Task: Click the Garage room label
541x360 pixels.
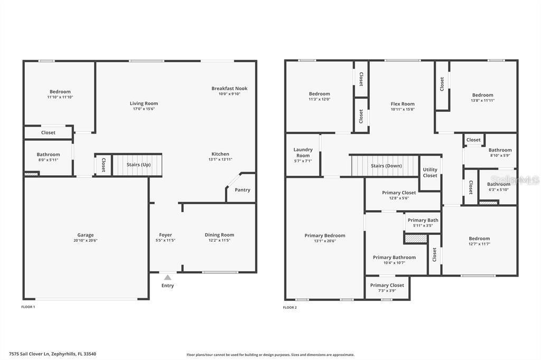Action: [x=86, y=235]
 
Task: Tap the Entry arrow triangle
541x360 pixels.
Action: [x=167, y=277]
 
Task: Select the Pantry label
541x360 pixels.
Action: [x=242, y=190]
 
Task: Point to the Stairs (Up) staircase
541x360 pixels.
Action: [x=137, y=165]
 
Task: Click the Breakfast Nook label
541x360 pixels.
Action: [x=229, y=88]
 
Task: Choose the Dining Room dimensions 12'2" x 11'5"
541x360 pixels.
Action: [x=219, y=240]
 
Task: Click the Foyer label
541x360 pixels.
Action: [x=165, y=235]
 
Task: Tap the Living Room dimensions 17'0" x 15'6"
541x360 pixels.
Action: [x=144, y=109]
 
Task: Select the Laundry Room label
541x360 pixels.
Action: [x=303, y=153]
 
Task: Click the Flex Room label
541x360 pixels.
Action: [x=403, y=104]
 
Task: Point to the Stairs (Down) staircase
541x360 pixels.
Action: [x=386, y=166]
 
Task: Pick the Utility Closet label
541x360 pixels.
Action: [x=430, y=173]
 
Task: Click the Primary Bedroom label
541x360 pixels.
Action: [x=324, y=235]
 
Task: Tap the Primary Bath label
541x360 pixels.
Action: [x=423, y=220]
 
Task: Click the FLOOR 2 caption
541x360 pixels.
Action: [x=290, y=307]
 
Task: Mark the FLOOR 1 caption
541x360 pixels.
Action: [x=28, y=307]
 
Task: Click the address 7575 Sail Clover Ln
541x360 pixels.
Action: [x=52, y=354]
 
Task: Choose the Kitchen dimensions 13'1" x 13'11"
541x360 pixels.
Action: [x=220, y=159]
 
